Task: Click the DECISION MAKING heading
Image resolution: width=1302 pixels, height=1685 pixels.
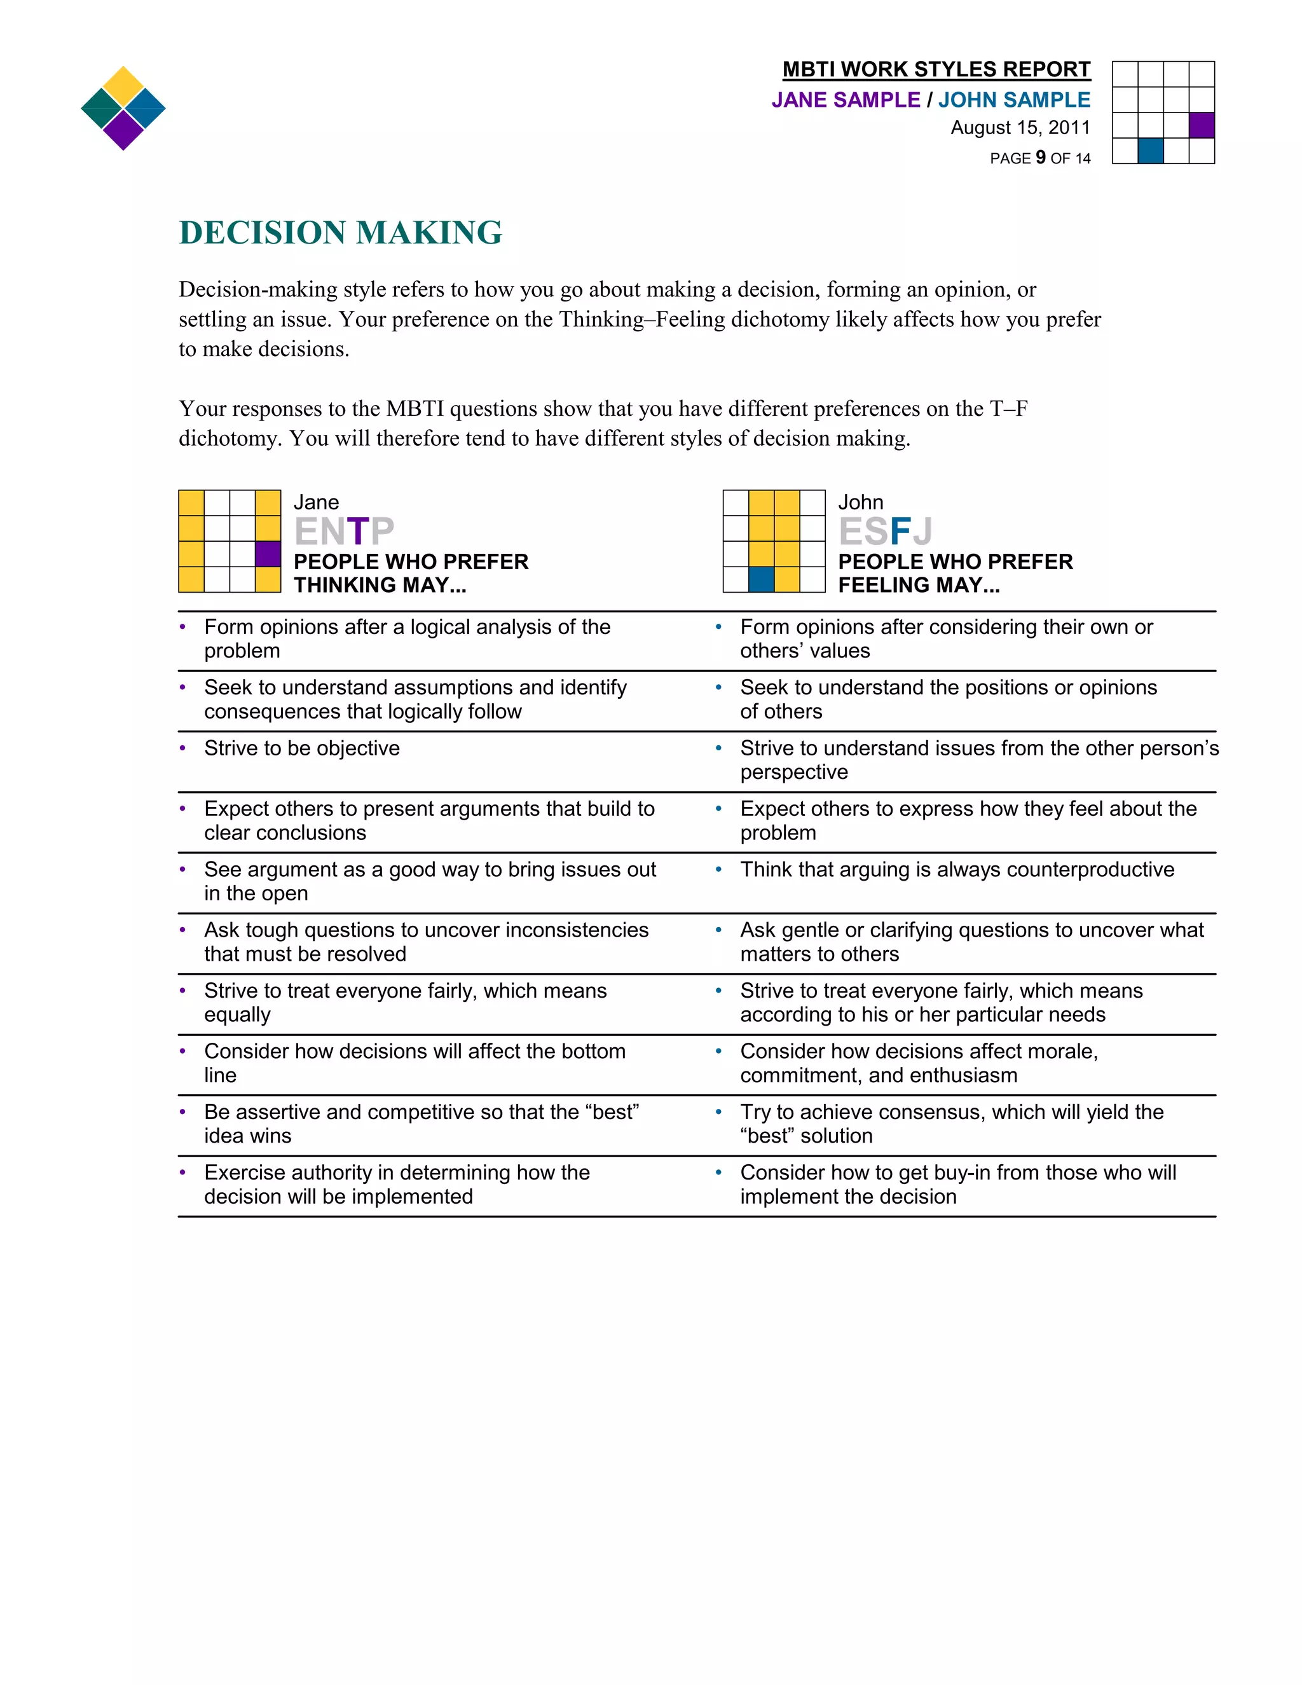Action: (x=340, y=233)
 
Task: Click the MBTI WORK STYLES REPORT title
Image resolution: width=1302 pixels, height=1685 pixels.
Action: (x=936, y=69)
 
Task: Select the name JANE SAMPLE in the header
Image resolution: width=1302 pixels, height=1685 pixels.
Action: (x=846, y=100)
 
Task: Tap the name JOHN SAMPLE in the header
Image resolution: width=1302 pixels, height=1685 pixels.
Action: (x=1013, y=100)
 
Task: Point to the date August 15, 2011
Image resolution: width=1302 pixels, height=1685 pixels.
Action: (x=1020, y=128)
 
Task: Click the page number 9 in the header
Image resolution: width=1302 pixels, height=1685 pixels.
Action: (x=1041, y=158)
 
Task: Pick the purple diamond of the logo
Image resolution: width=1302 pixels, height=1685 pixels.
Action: (x=123, y=130)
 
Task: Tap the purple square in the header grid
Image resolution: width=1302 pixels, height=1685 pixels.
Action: (x=1202, y=125)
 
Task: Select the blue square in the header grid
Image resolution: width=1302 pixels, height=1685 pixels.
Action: (x=1151, y=151)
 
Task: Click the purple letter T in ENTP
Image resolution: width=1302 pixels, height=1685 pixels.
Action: (x=358, y=532)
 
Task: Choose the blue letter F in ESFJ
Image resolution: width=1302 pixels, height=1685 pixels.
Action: (x=900, y=532)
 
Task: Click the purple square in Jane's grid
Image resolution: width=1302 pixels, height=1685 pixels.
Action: (x=268, y=554)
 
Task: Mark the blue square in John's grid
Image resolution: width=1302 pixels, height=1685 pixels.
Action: (x=761, y=579)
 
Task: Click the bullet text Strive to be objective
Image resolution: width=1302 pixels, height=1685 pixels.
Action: (x=301, y=748)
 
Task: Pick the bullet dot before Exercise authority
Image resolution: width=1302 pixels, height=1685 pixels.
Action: (x=183, y=1173)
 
